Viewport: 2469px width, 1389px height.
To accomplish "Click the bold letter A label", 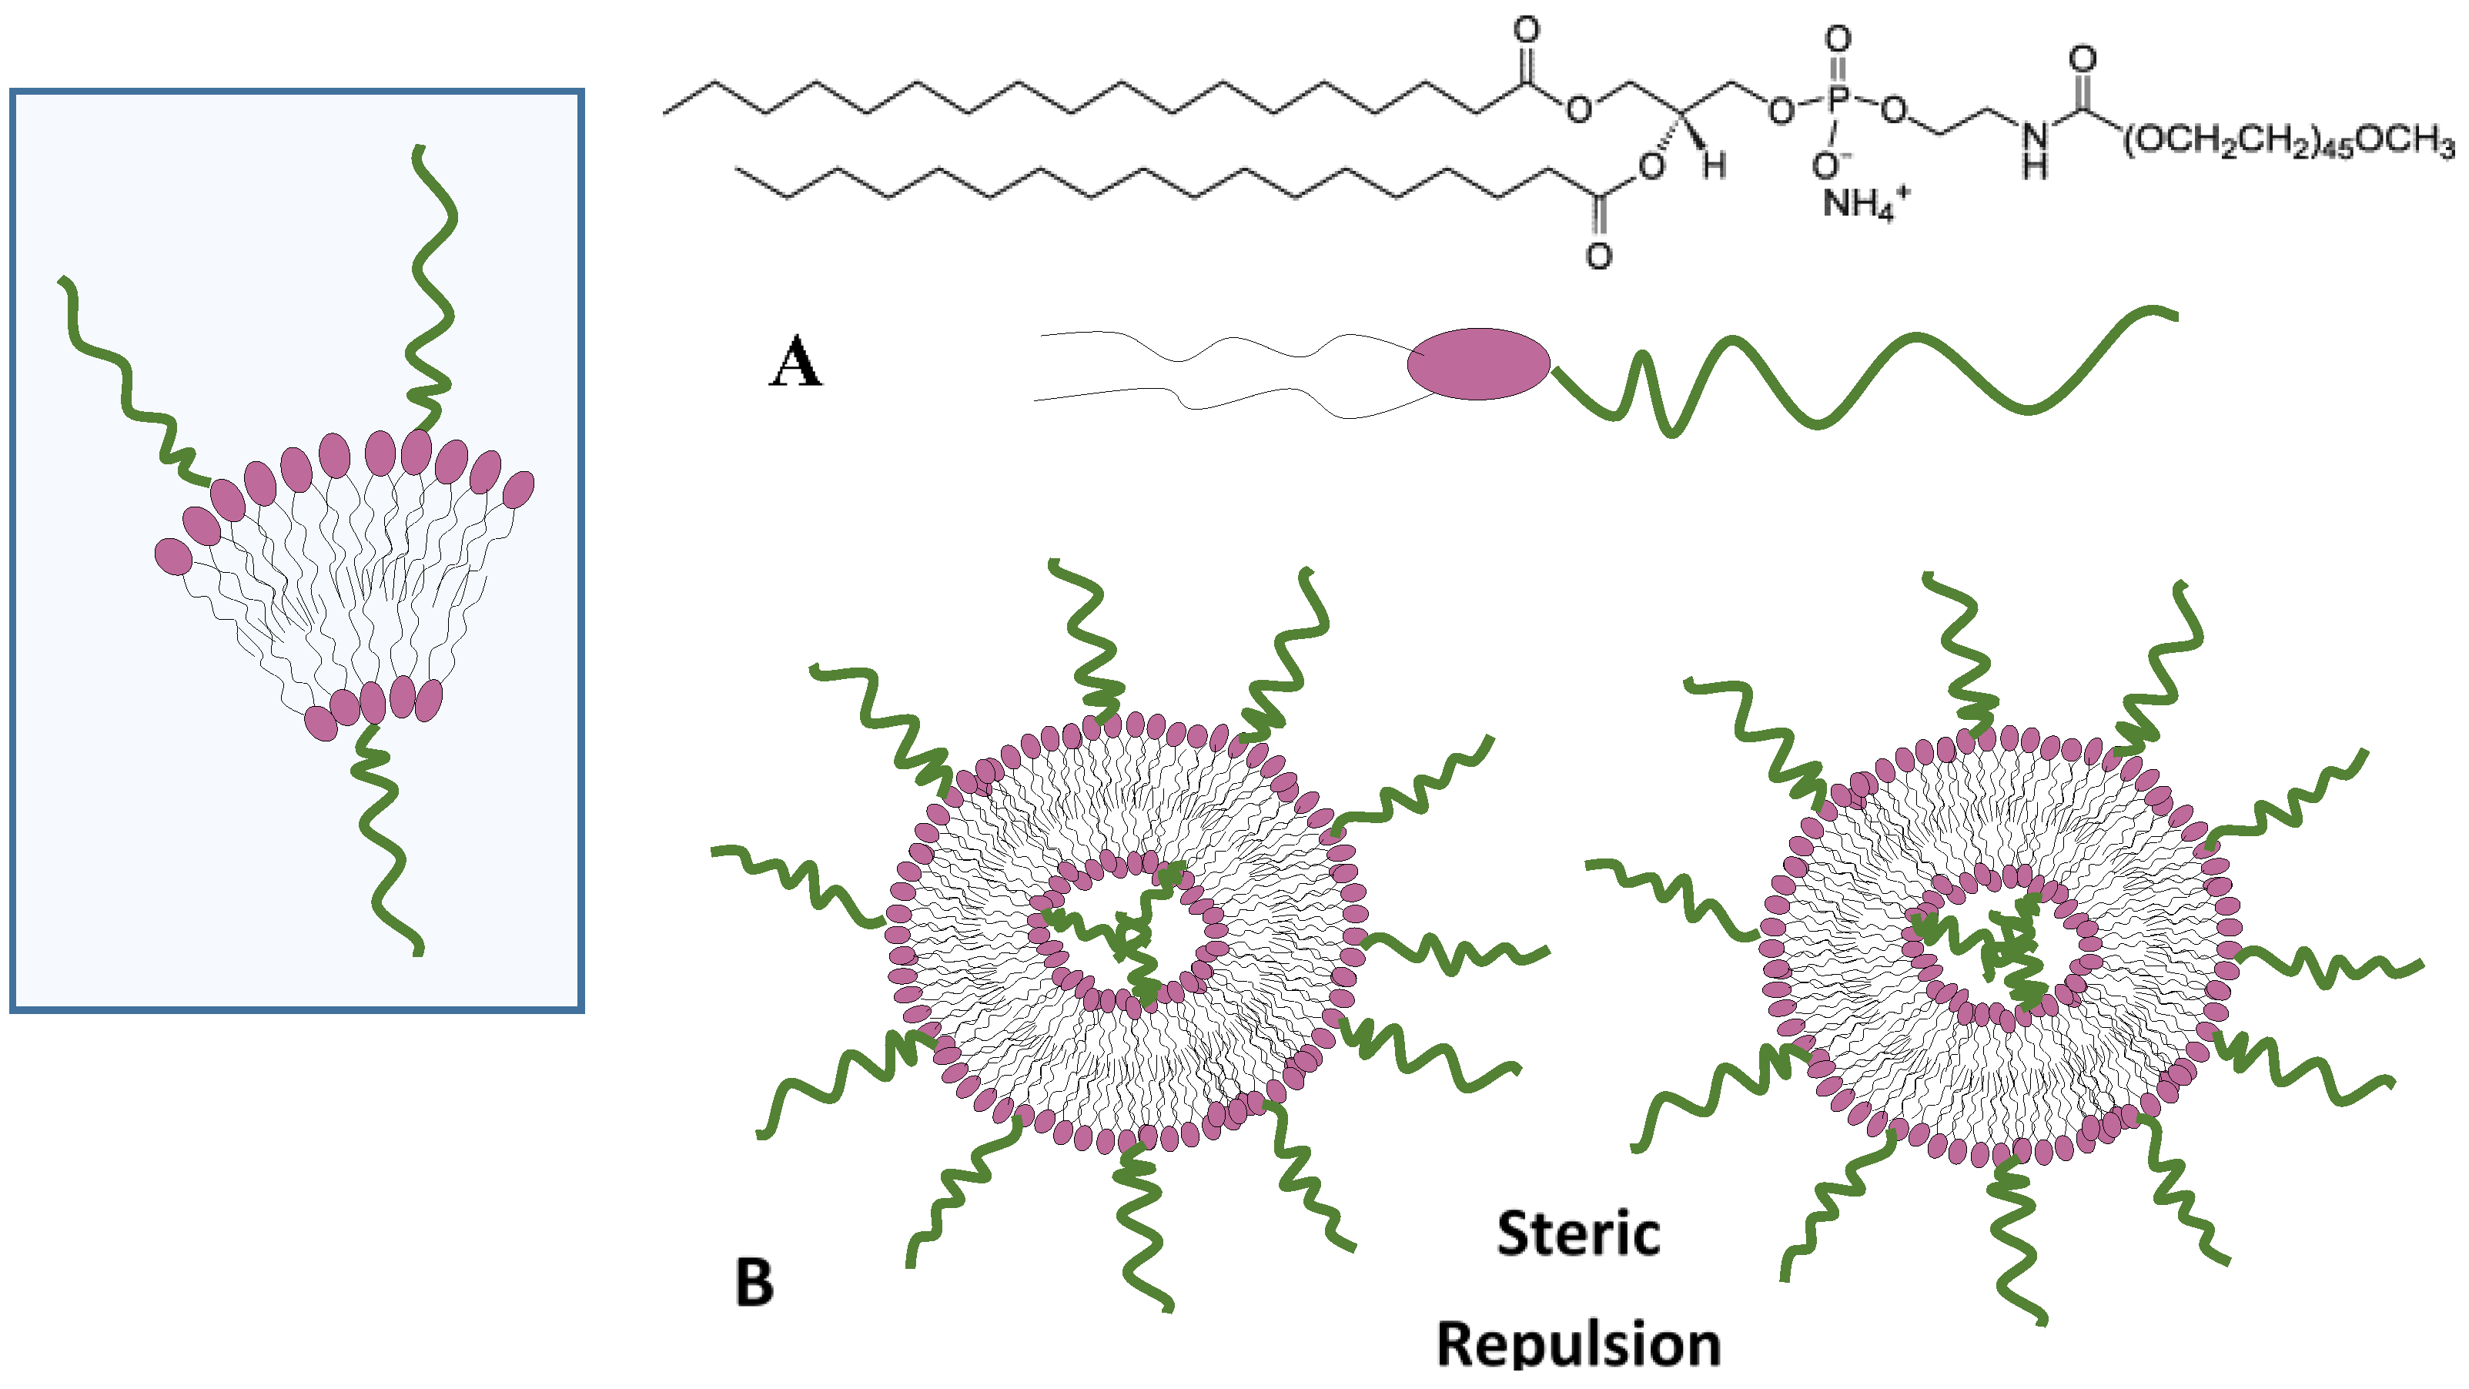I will (795, 363).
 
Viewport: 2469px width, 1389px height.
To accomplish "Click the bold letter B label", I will (754, 1283).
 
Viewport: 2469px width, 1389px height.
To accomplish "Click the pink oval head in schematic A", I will (1478, 364).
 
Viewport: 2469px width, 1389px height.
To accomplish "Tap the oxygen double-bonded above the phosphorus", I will (1838, 39).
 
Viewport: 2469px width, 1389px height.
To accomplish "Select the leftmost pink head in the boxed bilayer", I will (173, 557).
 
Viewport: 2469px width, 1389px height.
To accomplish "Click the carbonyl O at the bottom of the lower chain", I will (1597, 256).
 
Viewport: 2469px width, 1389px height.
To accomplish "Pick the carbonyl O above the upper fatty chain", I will (1526, 31).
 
